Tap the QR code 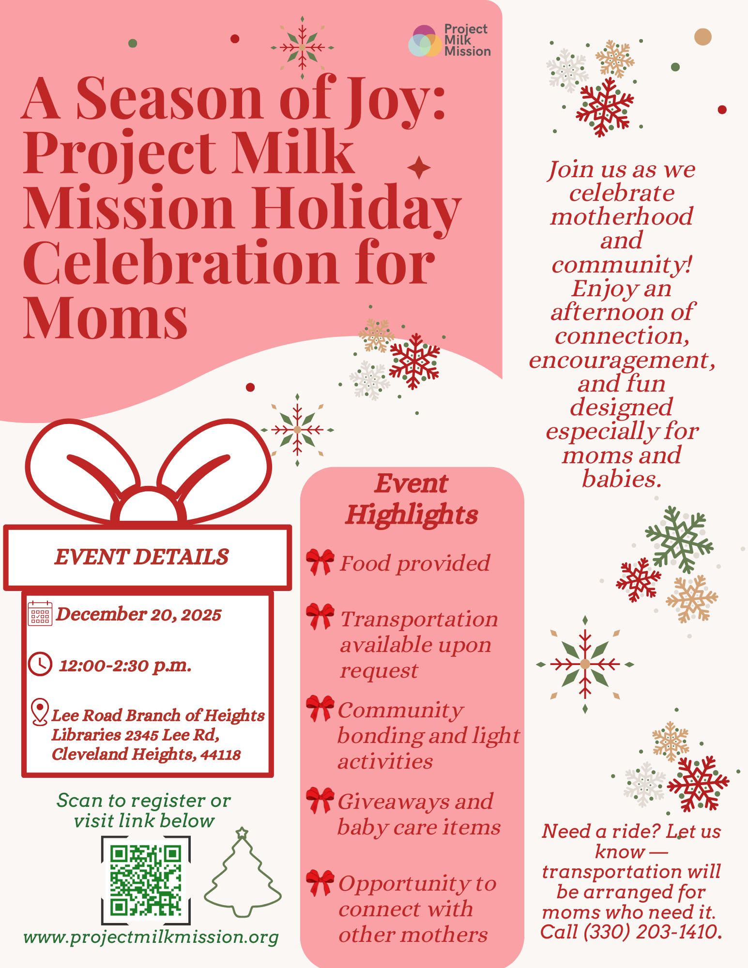pos(145,880)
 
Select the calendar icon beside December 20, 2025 pos(40,614)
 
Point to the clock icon pos(40,664)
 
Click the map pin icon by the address pos(39,712)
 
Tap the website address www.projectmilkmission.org pos(151,937)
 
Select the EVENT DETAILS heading pos(141,557)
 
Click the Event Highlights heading pos(412,499)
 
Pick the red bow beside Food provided pos(320,561)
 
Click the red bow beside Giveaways pos(320,800)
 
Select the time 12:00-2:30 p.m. pos(125,665)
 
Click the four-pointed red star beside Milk pos(419,168)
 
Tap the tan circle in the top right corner pos(703,37)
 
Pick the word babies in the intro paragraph pos(621,479)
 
